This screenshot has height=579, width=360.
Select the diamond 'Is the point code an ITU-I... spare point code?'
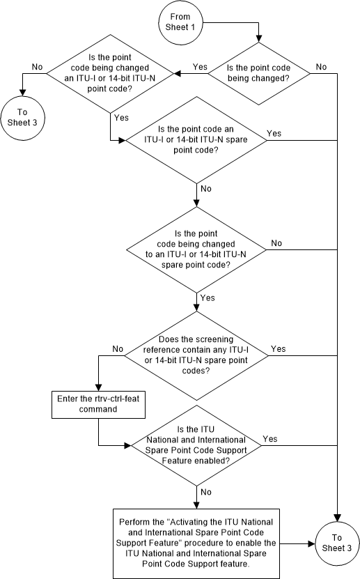[x=196, y=139]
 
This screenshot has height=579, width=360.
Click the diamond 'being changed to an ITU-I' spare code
[x=196, y=250]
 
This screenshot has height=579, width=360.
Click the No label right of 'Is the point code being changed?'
[x=321, y=66]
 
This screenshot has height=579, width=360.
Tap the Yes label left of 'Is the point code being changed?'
[x=200, y=67]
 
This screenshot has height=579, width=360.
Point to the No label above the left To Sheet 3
[x=36, y=67]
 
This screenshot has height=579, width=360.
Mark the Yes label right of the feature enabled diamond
[x=271, y=440]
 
